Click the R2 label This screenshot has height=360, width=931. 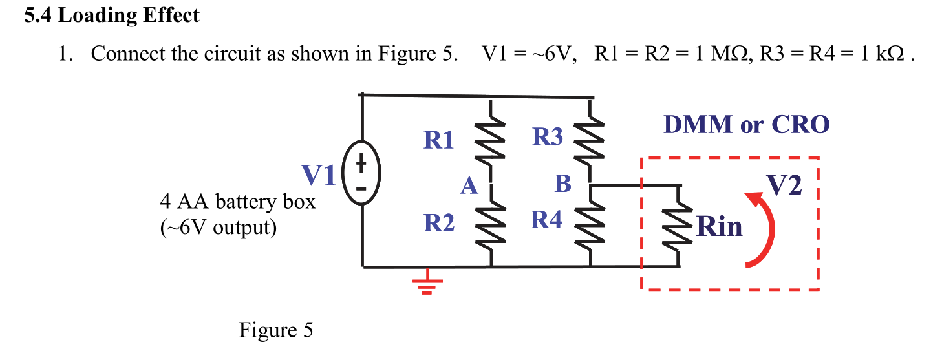point(439,224)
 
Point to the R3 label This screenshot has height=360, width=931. point(547,137)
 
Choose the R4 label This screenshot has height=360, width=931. point(547,220)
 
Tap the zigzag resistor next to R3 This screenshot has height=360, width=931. point(590,141)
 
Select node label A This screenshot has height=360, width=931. point(469,187)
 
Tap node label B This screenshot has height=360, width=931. point(563,184)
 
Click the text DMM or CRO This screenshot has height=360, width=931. point(746,125)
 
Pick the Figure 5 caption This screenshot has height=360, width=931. point(276,330)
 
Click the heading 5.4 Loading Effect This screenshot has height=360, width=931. point(112,16)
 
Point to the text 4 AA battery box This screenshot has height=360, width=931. point(237,202)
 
